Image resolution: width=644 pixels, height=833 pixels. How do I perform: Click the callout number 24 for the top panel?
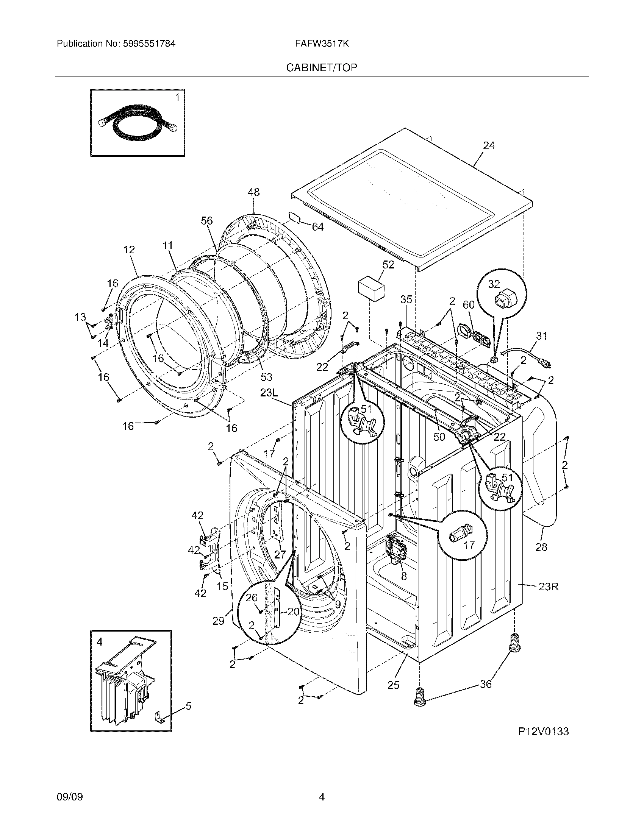pos(489,146)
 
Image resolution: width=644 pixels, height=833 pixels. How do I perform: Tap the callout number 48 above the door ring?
pos(253,192)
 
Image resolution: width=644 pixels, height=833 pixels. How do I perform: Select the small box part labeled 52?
pos(371,290)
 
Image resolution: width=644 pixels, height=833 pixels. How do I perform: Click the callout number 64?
pos(317,227)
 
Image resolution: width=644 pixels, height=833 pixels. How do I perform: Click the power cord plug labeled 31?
pos(546,364)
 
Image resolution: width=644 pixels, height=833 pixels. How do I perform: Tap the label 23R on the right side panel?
pos(548,586)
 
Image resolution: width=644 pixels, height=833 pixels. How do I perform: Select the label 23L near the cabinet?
pos(270,393)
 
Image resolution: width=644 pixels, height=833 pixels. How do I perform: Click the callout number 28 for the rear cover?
pos(541,547)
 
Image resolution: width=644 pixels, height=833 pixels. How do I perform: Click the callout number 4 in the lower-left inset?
pos(100,642)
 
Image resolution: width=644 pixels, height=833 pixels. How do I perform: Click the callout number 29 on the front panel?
pos(218,621)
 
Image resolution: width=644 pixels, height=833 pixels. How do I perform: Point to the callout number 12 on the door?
pos(129,250)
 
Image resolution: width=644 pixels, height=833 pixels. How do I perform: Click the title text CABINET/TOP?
pos(322,68)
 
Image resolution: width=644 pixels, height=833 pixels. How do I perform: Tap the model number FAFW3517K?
pos(322,44)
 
